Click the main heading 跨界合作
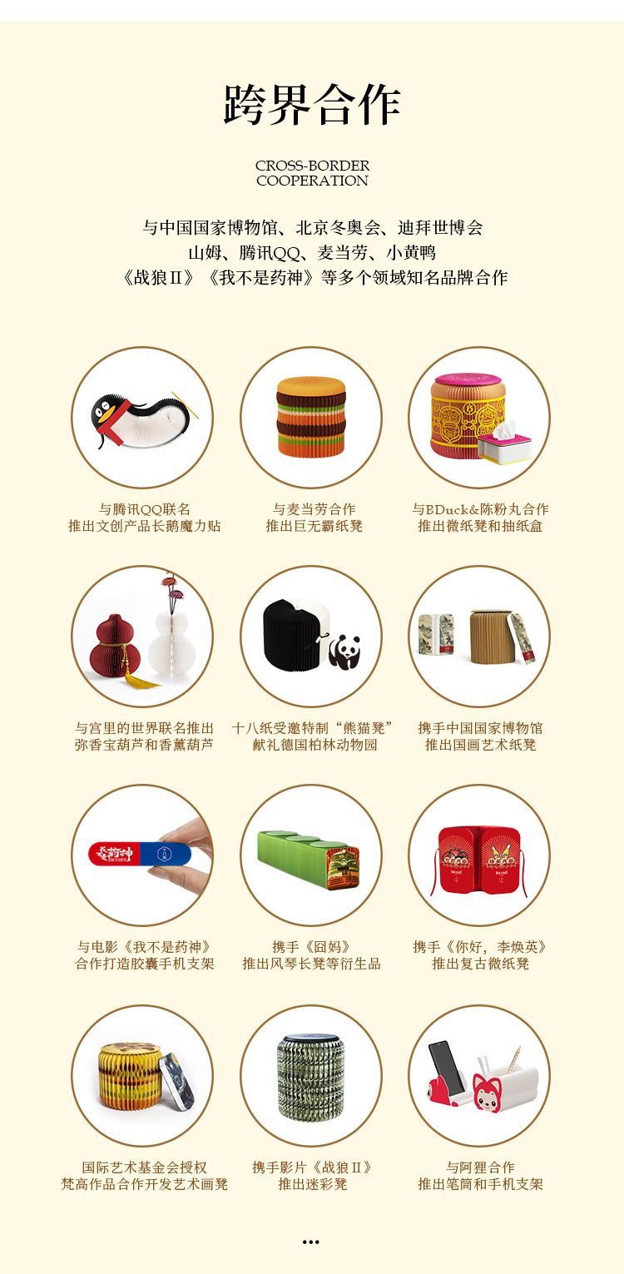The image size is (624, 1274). click(312, 105)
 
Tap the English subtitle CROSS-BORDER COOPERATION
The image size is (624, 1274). click(312, 173)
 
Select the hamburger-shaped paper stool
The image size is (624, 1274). click(311, 416)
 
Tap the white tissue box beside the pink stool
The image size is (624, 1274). click(504, 442)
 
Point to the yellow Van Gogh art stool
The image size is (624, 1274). click(131, 1075)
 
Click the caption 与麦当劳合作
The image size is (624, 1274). click(314, 509)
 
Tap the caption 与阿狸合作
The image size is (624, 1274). click(481, 1167)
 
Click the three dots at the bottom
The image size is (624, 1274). click(311, 1242)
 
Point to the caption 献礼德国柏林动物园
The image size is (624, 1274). click(314, 745)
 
